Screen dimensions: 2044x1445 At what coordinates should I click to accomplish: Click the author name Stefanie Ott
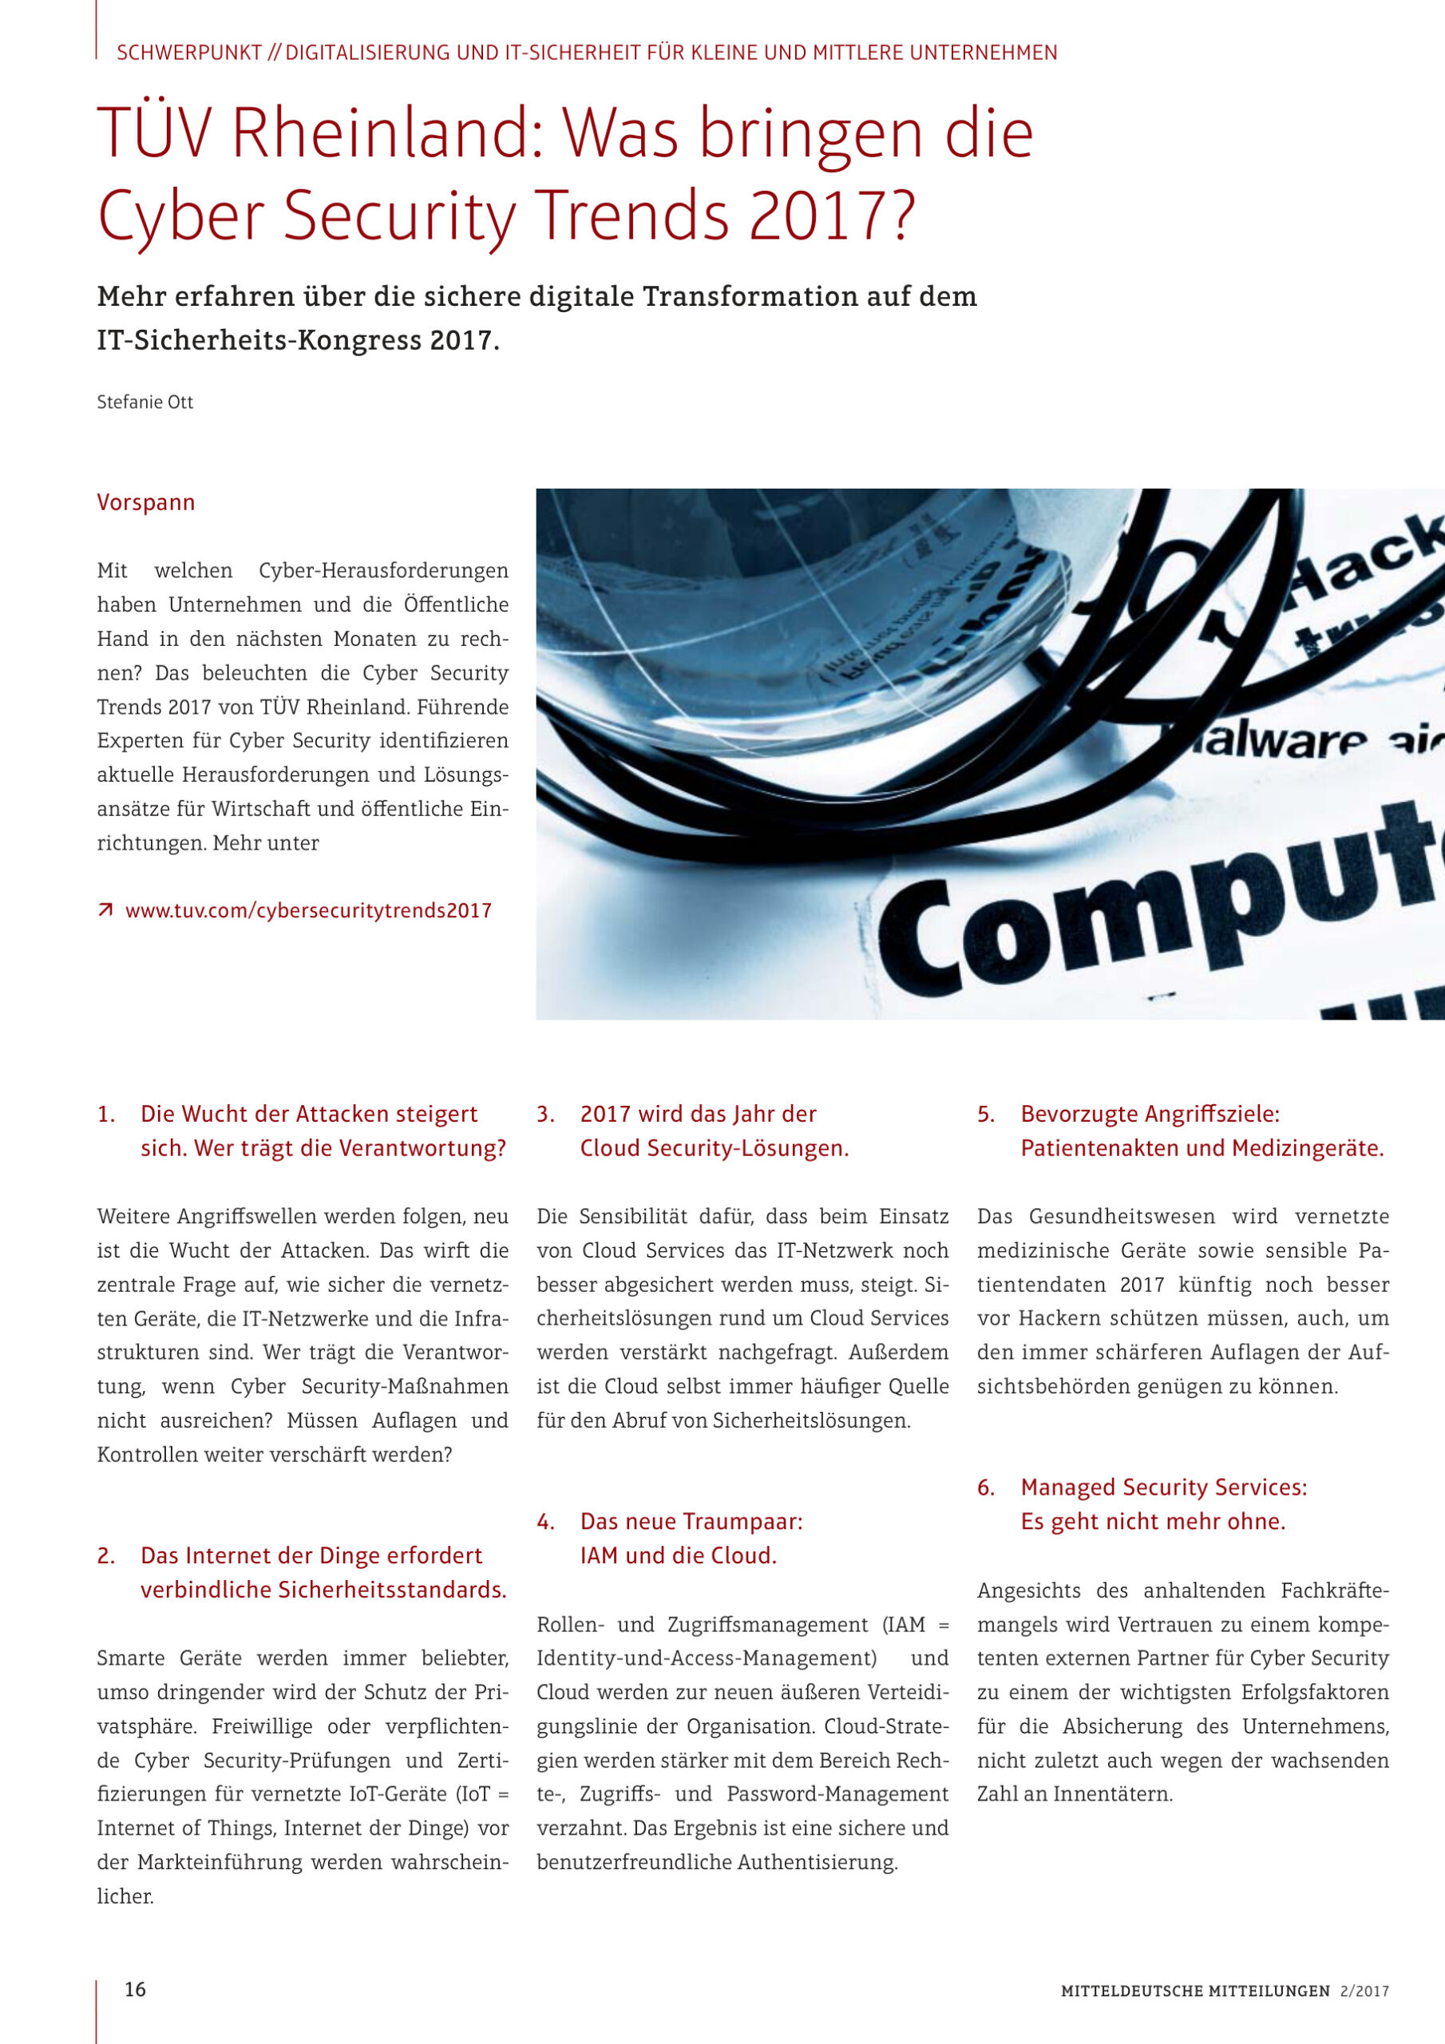tap(144, 402)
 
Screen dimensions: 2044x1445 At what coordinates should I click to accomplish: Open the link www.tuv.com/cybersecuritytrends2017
tap(308, 911)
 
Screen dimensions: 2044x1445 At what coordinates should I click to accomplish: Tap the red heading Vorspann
tap(146, 503)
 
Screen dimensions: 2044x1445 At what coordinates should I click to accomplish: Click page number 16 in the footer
tap(136, 1990)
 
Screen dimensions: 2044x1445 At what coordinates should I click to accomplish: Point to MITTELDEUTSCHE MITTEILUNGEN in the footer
tap(1195, 1991)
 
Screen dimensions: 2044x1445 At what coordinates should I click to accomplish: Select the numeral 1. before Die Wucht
tap(106, 1115)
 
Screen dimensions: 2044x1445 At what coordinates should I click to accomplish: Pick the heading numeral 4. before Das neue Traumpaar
tap(546, 1523)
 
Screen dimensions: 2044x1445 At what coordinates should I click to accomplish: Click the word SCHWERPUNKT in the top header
tap(188, 53)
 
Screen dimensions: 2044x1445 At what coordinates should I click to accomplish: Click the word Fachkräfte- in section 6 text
tap(1335, 1590)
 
